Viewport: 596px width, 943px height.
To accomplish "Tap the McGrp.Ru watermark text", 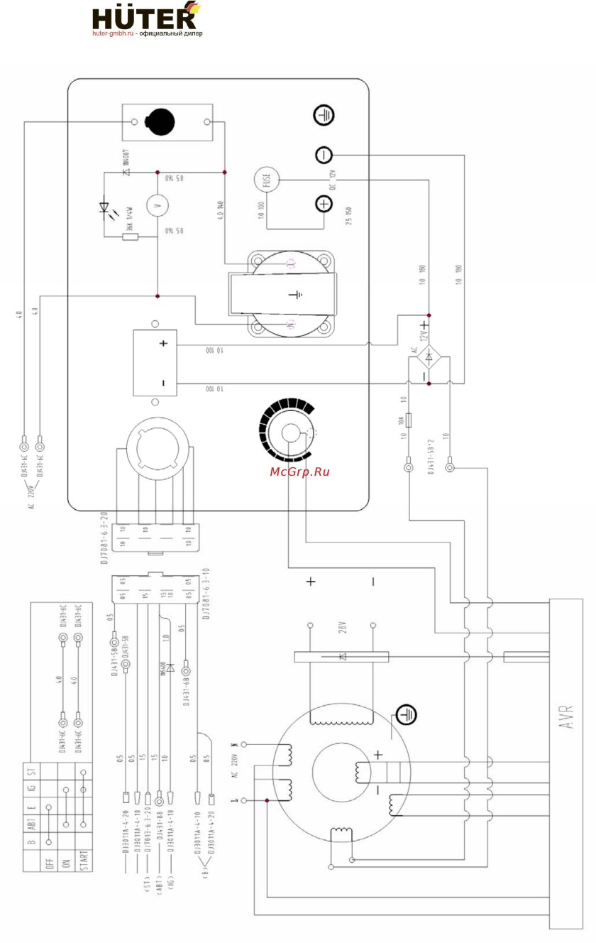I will click(x=300, y=471).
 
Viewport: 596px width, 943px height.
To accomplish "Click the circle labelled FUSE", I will click(x=267, y=180).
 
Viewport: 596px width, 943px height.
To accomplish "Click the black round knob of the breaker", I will click(x=160, y=121).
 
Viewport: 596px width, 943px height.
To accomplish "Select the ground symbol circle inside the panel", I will click(x=324, y=115).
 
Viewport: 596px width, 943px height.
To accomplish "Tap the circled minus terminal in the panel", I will click(x=324, y=155).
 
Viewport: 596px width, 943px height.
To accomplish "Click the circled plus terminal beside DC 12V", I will click(x=324, y=205).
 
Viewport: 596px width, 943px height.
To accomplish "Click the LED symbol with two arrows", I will click(x=107, y=208).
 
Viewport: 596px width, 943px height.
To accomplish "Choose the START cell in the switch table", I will click(x=83, y=861).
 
